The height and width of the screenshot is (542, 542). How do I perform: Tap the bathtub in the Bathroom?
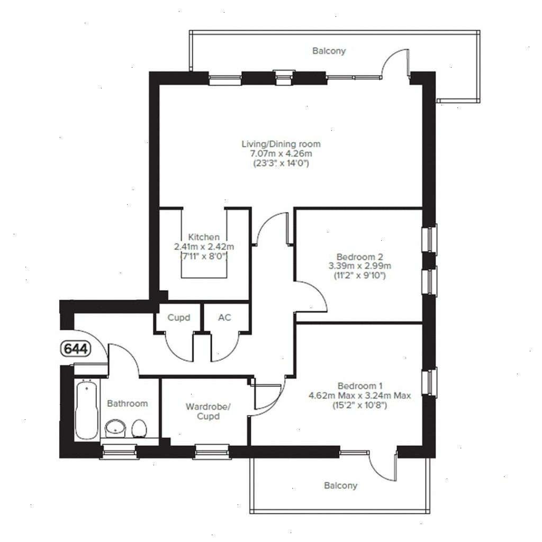tap(86, 410)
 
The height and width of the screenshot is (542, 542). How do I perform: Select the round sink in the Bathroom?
tap(115, 427)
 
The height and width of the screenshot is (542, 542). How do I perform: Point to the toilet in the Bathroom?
tap(139, 428)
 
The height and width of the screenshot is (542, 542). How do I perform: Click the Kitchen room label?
tap(204, 237)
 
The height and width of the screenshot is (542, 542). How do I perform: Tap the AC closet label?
tap(224, 318)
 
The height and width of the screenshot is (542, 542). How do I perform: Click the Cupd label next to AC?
tap(178, 318)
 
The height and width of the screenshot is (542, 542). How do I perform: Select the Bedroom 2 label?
tap(359, 257)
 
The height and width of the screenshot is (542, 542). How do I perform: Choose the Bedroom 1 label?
tap(359, 385)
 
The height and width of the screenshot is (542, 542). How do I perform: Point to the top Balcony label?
tap(329, 51)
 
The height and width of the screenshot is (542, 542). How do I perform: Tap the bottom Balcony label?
tap(340, 485)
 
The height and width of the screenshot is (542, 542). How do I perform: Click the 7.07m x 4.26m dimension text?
tap(281, 153)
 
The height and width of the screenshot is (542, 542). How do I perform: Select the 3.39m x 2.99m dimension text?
tap(359, 266)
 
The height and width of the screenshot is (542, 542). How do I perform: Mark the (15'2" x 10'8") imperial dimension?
tap(359, 405)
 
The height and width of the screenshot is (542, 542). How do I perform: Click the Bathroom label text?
tap(127, 403)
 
